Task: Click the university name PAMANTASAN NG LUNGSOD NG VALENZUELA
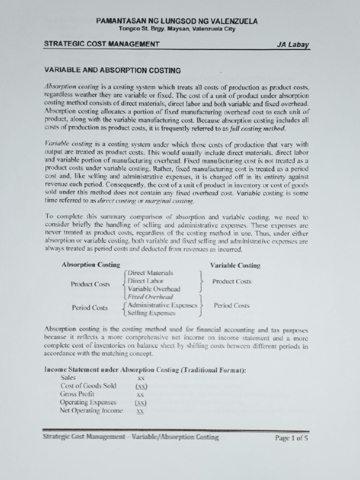tap(177, 21)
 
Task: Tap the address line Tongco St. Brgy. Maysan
tap(177, 29)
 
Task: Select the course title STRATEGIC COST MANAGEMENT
tap(102, 44)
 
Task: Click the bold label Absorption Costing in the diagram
tap(90, 265)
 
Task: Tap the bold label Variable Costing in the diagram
tap(235, 265)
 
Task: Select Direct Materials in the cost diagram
tap(150, 273)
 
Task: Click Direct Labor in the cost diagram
tap(145, 281)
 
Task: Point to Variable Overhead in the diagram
tap(154, 289)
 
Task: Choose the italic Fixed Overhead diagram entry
tap(150, 297)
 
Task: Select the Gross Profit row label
tap(77, 394)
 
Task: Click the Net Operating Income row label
tap(91, 411)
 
